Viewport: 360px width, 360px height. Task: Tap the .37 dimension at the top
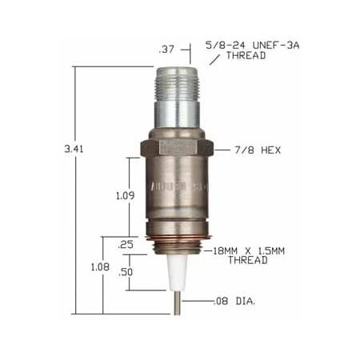(x=166, y=50)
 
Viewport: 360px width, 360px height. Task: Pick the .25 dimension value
(x=126, y=244)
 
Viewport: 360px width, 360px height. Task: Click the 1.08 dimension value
(x=99, y=266)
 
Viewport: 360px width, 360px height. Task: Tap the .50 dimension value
(x=126, y=272)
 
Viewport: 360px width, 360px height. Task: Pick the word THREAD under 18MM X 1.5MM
(x=247, y=261)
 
